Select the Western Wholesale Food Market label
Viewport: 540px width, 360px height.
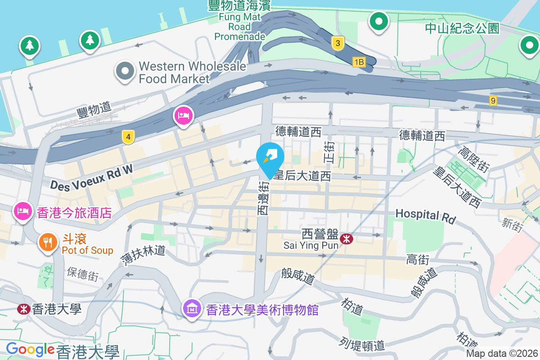click(192, 72)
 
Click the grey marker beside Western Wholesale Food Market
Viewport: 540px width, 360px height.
click(125, 71)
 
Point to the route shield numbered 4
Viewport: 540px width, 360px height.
click(128, 137)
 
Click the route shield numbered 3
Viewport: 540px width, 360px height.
click(337, 43)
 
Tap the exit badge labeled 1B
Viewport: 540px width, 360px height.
click(359, 62)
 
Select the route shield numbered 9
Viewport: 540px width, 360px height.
click(493, 100)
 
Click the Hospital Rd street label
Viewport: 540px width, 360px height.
click(425, 216)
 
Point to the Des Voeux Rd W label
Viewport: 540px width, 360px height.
click(92, 178)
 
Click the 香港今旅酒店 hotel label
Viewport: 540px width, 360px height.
click(74, 212)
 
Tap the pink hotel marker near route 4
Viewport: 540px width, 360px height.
click(184, 116)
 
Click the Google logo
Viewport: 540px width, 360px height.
click(30, 350)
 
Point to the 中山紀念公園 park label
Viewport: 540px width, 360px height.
click(462, 28)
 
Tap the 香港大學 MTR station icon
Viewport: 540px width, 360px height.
click(23, 309)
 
